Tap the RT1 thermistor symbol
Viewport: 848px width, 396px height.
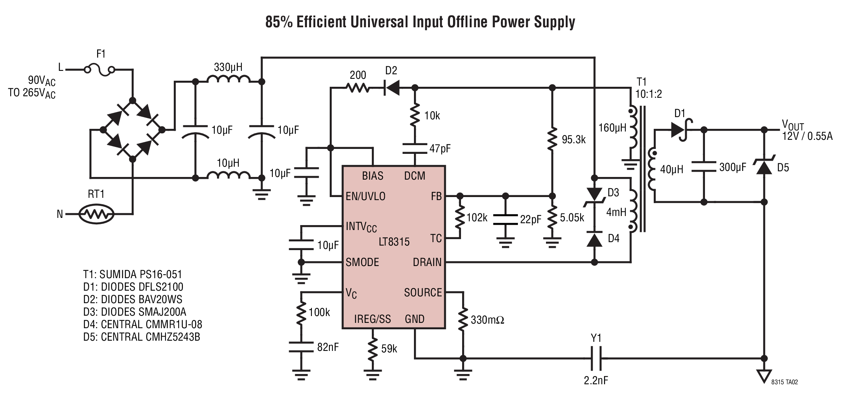point(96,214)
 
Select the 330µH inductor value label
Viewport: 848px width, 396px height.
point(228,67)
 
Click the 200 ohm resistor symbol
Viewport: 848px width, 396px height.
point(357,88)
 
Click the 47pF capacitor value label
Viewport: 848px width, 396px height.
point(440,148)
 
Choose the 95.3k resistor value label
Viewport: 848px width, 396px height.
point(574,140)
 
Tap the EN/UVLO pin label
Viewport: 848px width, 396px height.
point(365,196)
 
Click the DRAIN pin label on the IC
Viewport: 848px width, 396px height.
point(427,262)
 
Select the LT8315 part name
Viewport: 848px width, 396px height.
point(394,242)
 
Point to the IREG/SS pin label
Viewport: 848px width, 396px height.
point(372,319)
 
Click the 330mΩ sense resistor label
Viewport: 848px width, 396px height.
point(488,320)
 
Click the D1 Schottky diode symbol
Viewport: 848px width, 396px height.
point(680,130)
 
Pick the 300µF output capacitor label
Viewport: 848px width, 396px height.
point(733,167)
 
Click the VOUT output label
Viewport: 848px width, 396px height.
point(792,125)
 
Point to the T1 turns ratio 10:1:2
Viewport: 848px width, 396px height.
point(649,94)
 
